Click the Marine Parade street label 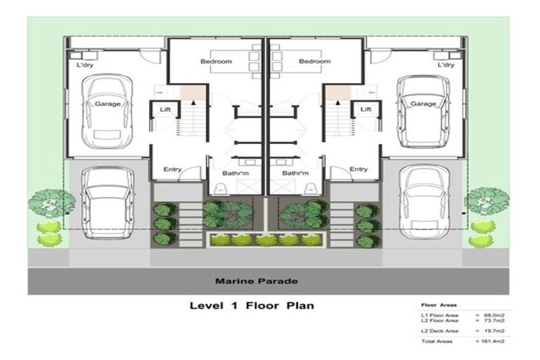tap(256, 281)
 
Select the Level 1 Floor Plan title tap(251, 306)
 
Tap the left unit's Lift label tap(165, 110)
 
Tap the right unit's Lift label tap(366, 110)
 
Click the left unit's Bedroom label tap(216, 62)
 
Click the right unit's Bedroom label tap(314, 62)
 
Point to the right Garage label tap(423, 104)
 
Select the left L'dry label tap(86, 65)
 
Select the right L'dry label tap(445, 65)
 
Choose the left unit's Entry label tap(172, 169)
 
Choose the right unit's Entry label tap(359, 169)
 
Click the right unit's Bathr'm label tap(295, 172)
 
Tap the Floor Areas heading tap(438, 306)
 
